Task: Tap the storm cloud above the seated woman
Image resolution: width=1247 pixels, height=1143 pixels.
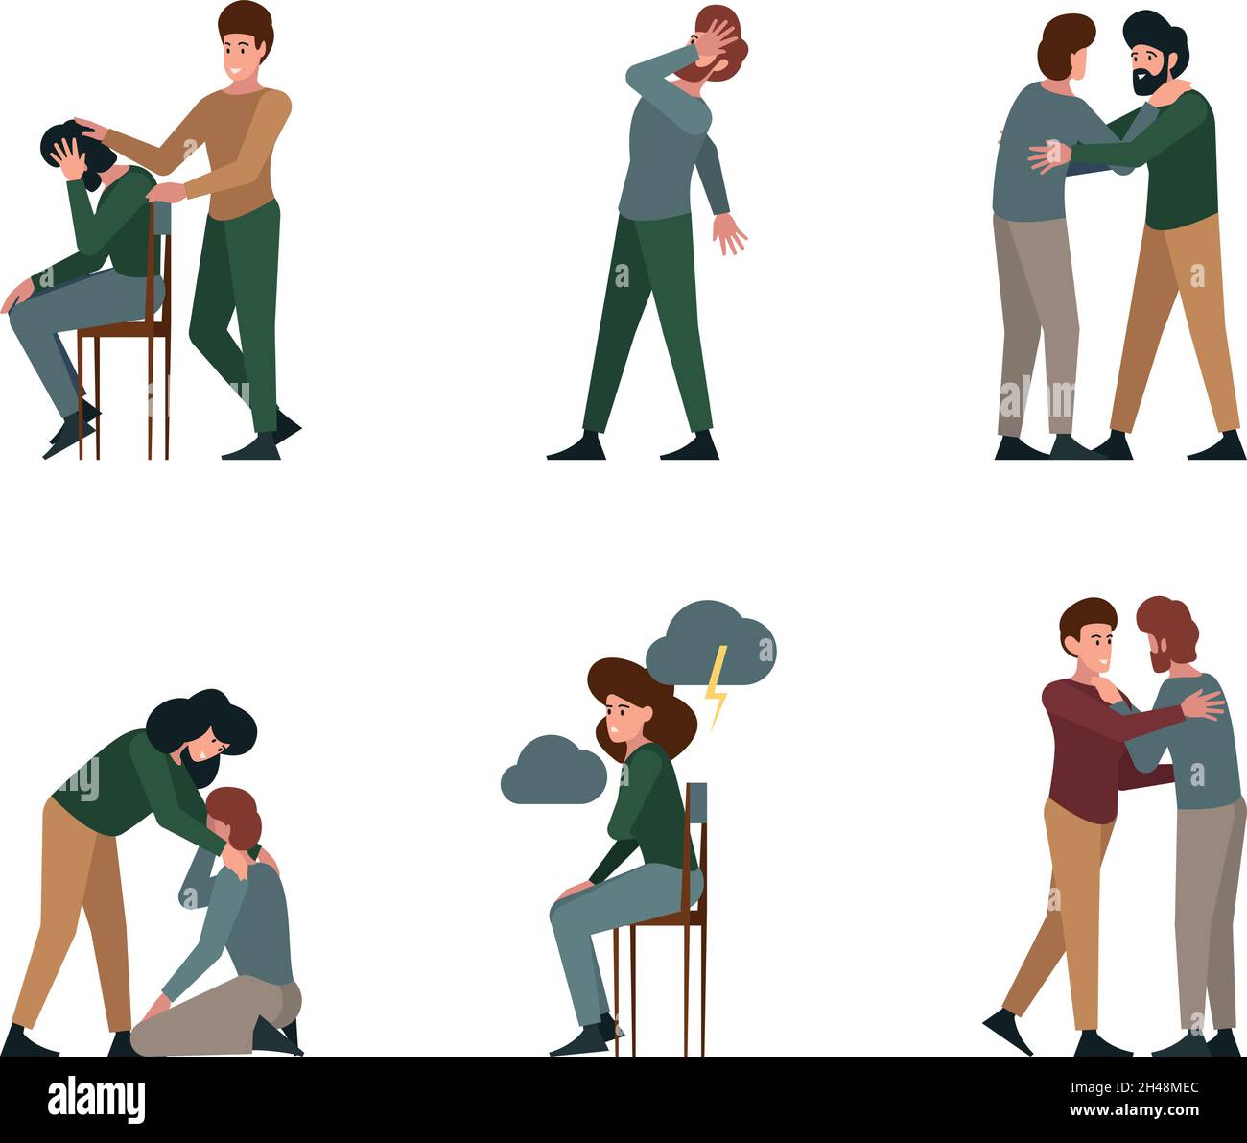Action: (710, 644)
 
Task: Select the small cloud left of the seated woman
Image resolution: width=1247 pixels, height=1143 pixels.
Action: (553, 771)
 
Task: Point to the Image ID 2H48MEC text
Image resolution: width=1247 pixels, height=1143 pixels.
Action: (1134, 1087)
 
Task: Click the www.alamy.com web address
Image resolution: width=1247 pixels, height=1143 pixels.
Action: (1134, 1110)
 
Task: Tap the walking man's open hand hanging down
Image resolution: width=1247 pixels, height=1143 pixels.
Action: (728, 233)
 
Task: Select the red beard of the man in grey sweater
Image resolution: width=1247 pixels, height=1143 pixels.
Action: (1160, 657)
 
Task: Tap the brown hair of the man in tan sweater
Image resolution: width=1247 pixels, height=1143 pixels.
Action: (246, 25)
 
